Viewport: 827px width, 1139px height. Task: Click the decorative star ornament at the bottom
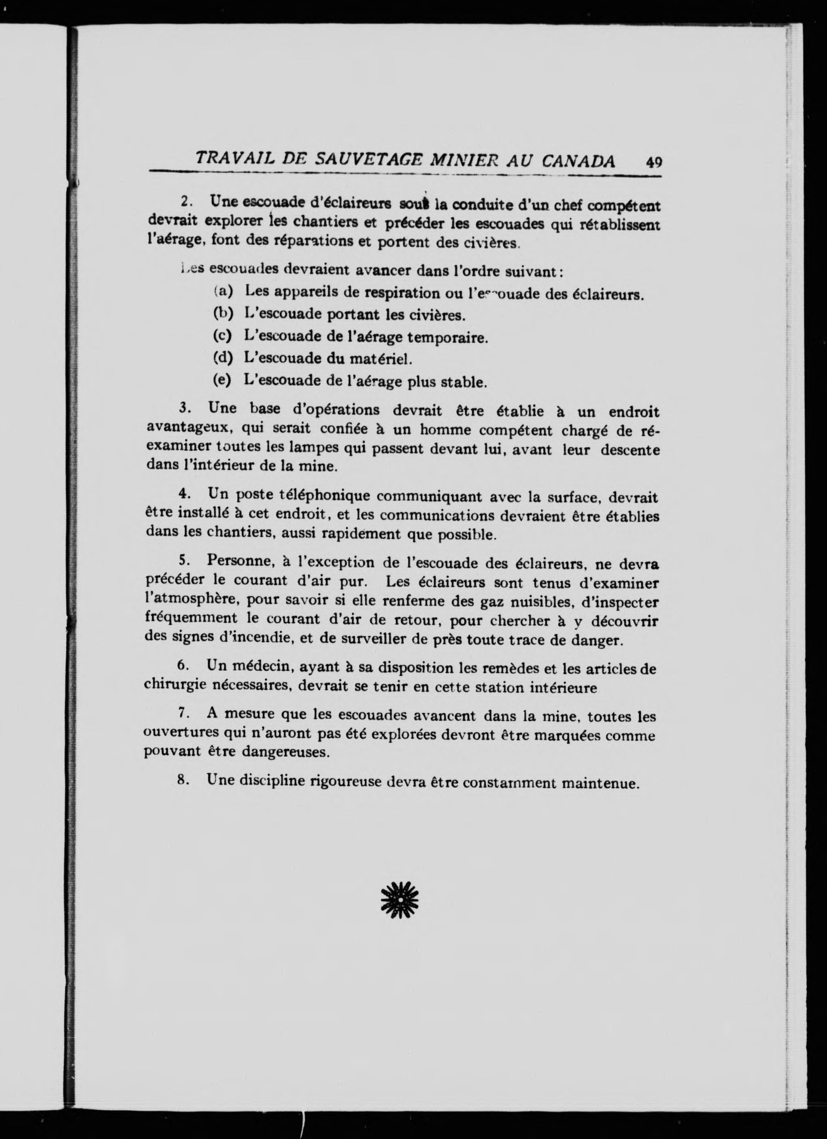pos(400,900)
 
